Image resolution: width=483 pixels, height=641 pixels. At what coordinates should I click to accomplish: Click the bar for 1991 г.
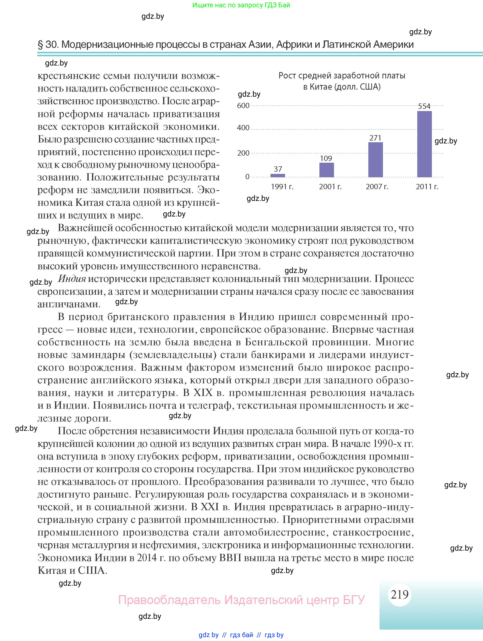point(278,175)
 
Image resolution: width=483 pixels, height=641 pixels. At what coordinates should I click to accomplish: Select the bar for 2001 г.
point(326,170)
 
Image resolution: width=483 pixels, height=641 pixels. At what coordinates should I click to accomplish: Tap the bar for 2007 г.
point(375,160)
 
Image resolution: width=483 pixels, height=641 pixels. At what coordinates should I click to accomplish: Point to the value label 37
point(278,169)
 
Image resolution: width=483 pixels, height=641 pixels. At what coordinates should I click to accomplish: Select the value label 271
point(375,138)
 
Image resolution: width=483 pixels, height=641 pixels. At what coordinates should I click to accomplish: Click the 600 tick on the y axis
point(243,105)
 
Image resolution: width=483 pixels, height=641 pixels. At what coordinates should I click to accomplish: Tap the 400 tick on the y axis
point(243,128)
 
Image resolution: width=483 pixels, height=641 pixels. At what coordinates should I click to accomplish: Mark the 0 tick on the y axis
point(247,177)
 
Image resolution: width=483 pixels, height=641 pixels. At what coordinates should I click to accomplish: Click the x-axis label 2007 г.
point(377,187)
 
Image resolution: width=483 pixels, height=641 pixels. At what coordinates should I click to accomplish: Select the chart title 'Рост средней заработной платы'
point(342,76)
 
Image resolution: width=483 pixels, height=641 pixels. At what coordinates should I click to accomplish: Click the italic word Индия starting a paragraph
point(72,279)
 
